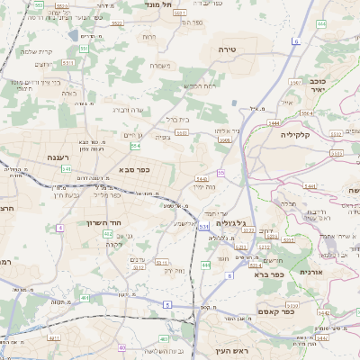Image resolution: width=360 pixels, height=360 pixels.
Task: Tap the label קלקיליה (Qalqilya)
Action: click(294, 134)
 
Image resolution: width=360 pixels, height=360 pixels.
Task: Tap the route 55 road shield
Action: click(220, 173)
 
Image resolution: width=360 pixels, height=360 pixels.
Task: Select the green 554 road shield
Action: click(135, 146)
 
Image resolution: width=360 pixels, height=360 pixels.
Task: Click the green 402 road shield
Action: click(108, 233)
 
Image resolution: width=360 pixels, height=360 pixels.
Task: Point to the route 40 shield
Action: click(121, 347)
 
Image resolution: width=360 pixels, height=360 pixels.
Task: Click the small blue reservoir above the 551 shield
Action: click(73, 36)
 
